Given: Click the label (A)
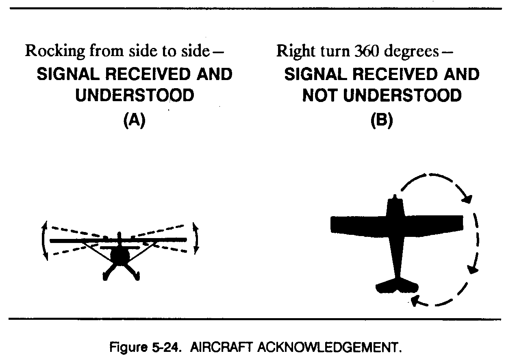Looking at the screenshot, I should tap(134, 121).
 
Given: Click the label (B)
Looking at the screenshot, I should tap(382, 121).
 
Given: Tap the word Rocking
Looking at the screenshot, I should tap(55, 52).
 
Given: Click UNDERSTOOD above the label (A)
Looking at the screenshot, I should tap(135, 96).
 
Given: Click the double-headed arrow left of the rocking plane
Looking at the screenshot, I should tap(44, 241).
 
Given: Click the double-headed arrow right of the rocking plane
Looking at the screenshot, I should tap(196, 239).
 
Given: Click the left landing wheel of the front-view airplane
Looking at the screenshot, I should tap(106, 276).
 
